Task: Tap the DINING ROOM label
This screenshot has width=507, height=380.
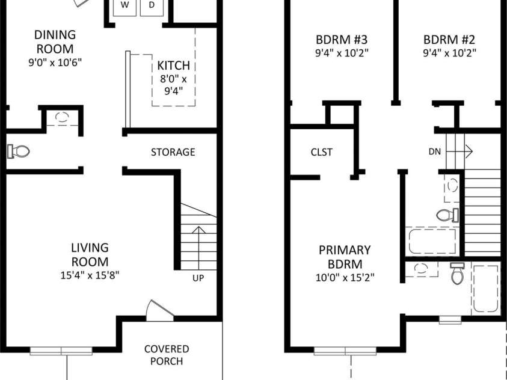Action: pyautogui.click(x=54, y=41)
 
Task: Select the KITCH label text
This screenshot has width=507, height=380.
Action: pyautogui.click(x=173, y=66)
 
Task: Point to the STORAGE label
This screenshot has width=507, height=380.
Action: pyautogui.click(x=173, y=152)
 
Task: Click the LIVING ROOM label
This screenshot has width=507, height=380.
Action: pyautogui.click(x=90, y=254)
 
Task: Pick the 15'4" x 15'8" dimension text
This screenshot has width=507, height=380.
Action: pyautogui.click(x=90, y=276)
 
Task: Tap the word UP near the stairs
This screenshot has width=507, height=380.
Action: pyautogui.click(x=198, y=278)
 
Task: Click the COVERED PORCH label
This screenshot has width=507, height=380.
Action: pyautogui.click(x=167, y=355)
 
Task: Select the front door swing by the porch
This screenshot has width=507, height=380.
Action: pyautogui.click(x=155, y=310)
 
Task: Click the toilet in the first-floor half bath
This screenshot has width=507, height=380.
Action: pyautogui.click(x=19, y=151)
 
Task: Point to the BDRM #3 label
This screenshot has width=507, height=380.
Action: pyautogui.click(x=342, y=40)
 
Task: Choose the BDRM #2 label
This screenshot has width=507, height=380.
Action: pyautogui.click(x=449, y=40)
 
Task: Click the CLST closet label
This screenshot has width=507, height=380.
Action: pyautogui.click(x=322, y=152)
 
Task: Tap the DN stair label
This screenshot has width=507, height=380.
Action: pyautogui.click(x=435, y=152)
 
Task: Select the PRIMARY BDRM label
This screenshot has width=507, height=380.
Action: pyautogui.click(x=345, y=257)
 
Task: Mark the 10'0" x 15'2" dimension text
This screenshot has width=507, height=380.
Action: pyautogui.click(x=345, y=278)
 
